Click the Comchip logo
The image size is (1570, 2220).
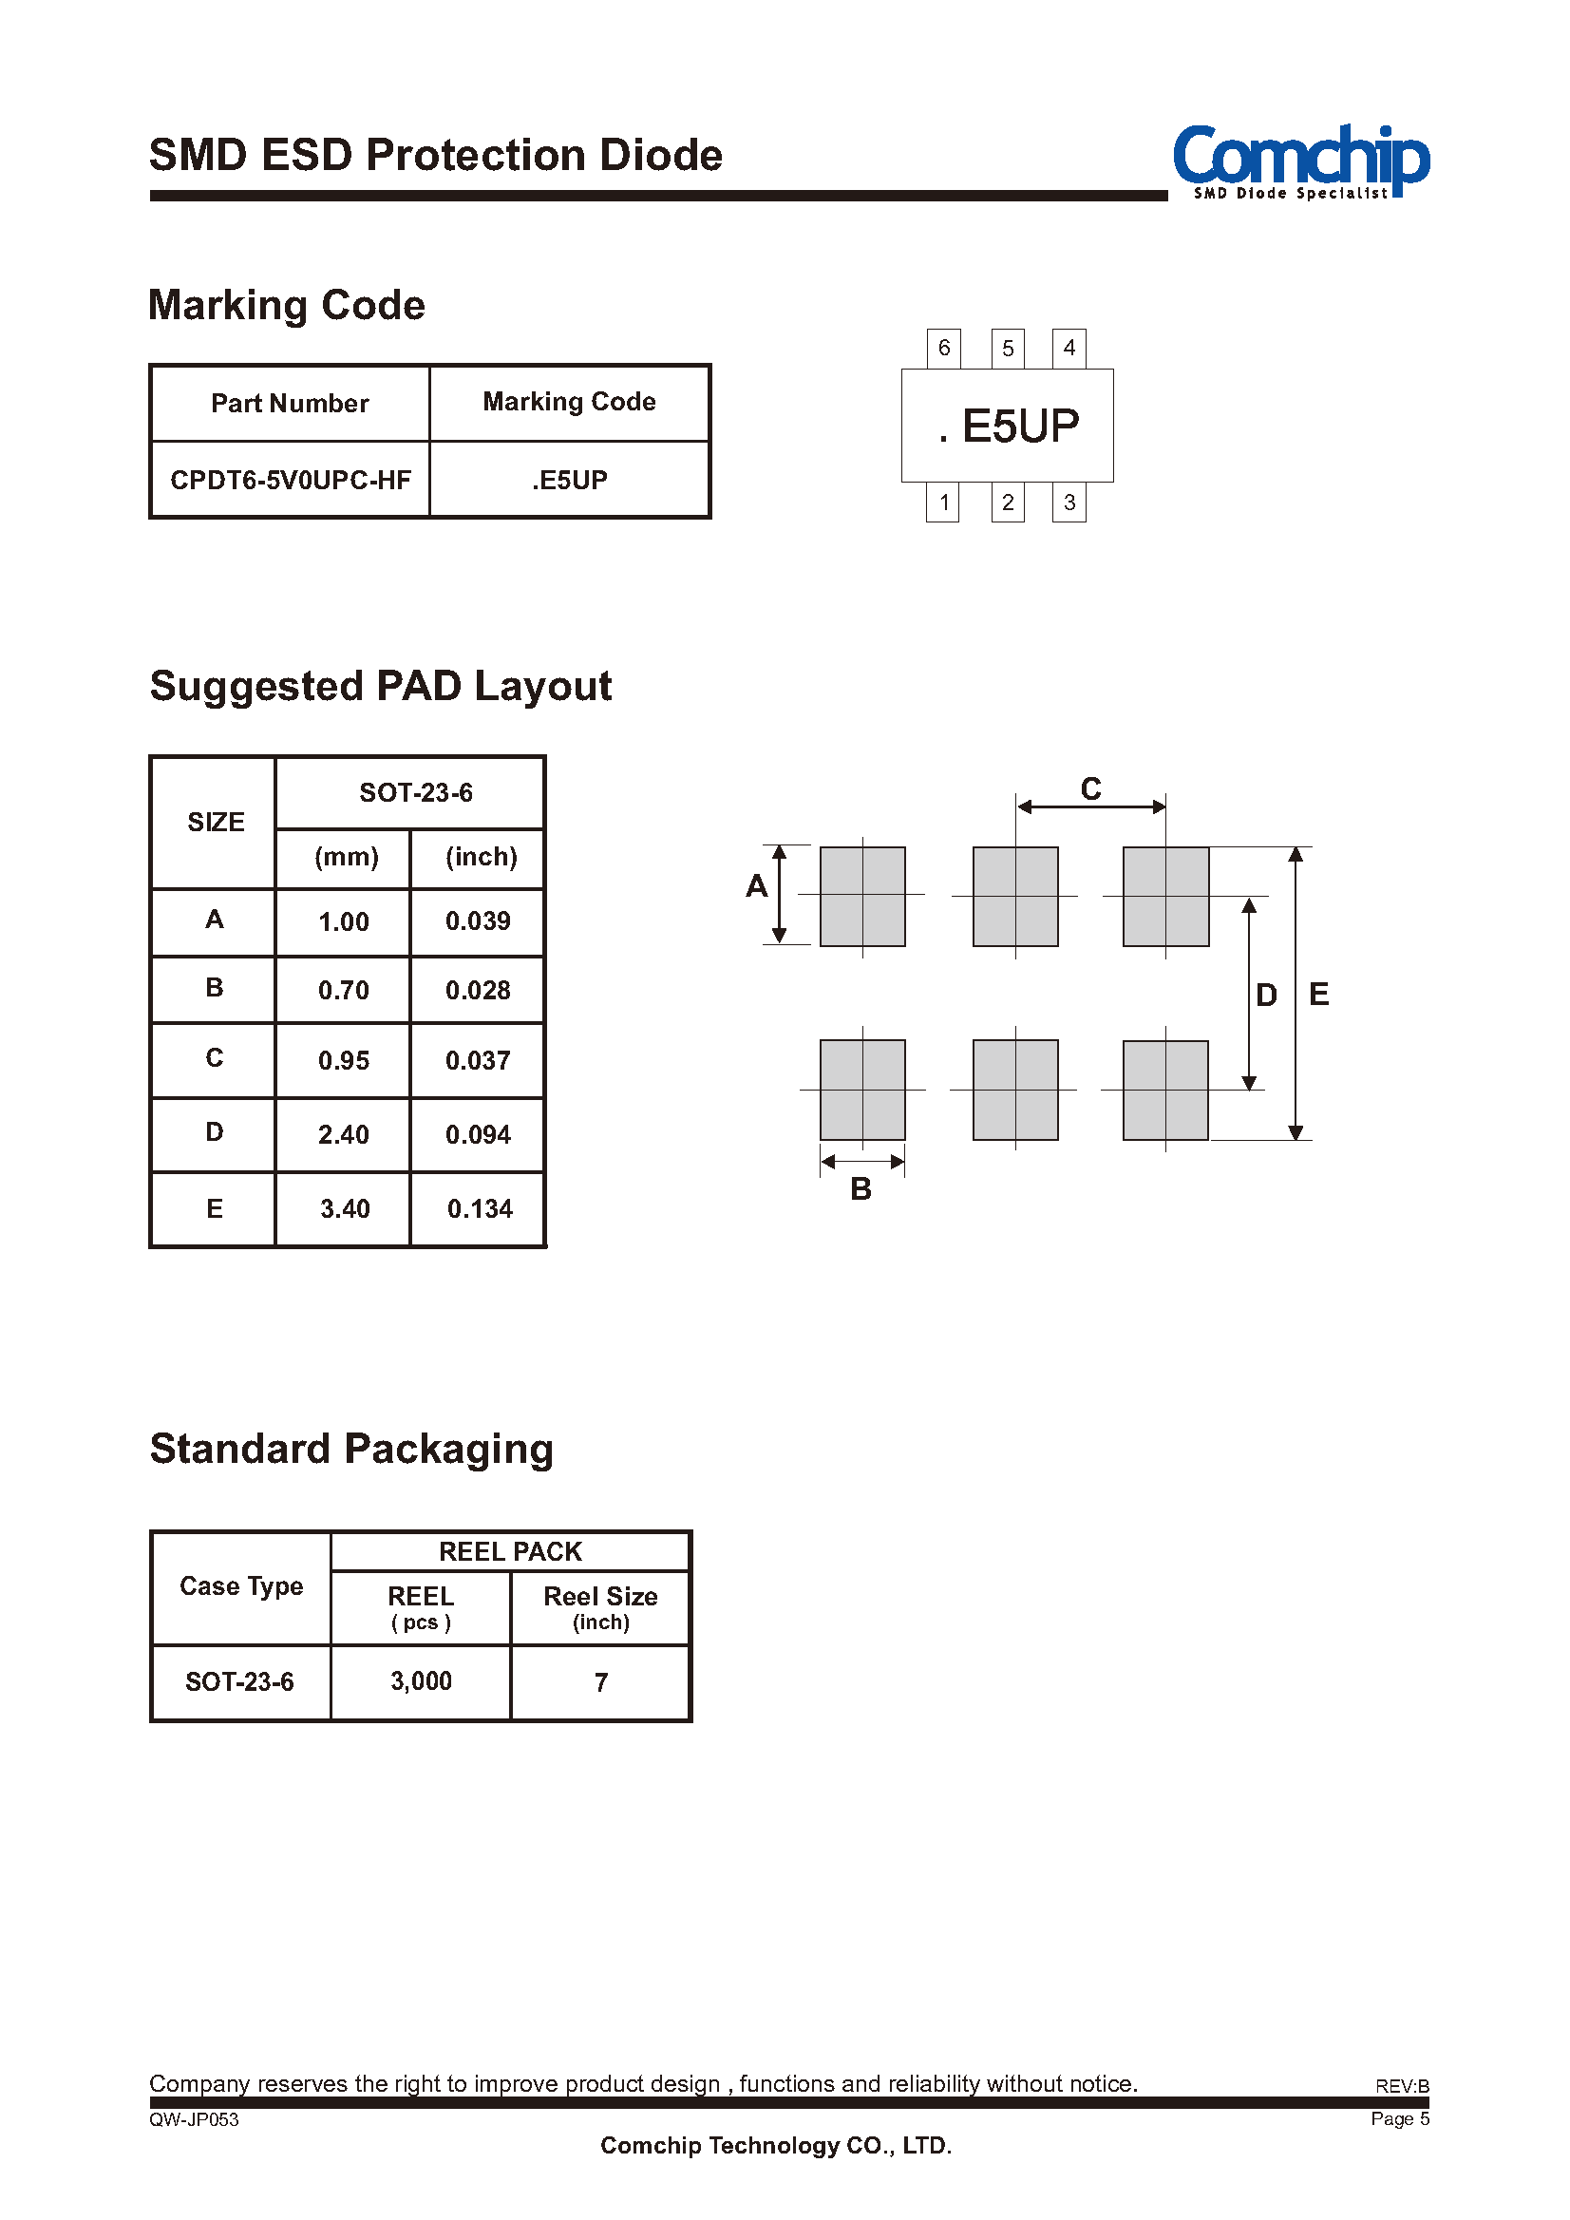click(x=1300, y=161)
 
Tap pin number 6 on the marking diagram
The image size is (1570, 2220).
click(x=943, y=348)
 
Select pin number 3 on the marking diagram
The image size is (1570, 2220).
click(x=1069, y=503)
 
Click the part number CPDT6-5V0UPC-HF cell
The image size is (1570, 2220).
click(x=290, y=480)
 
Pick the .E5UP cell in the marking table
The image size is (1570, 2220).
click(x=570, y=480)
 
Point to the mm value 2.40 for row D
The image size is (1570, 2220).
click(x=343, y=1134)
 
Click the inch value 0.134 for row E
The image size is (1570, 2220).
click(x=480, y=1208)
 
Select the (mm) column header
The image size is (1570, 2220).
click(x=346, y=857)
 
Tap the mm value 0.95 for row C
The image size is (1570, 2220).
click(x=343, y=1061)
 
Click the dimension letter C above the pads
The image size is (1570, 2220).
click(x=1090, y=789)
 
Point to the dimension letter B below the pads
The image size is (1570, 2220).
click(x=861, y=1189)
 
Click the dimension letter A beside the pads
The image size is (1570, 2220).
click(x=756, y=885)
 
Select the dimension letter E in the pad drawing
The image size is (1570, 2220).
click(x=1318, y=994)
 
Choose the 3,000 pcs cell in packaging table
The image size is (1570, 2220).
click(x=421, y=1681)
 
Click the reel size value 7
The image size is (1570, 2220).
click(x=600, y=1682)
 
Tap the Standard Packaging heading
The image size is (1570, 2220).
click(x=350, y=1450)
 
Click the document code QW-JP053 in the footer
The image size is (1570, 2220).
click(x=194, y=2119)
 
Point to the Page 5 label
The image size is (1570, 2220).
click(x=1400, y=2118)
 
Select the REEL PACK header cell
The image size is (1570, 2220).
click(x=510, y=1552)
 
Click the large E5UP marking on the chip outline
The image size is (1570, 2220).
click(x=1009, y=427)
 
